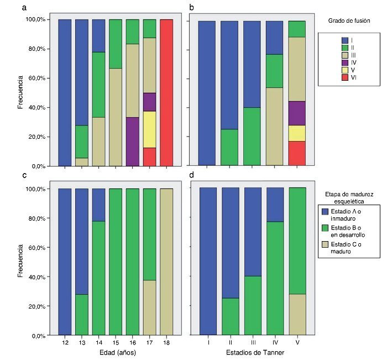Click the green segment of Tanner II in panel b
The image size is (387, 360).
coord(229,147)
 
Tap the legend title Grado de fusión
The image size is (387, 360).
coord(348,20)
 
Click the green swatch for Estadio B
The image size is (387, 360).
coord(326,228)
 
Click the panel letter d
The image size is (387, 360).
coord(192,176)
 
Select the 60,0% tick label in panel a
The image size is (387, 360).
coord(38,78)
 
